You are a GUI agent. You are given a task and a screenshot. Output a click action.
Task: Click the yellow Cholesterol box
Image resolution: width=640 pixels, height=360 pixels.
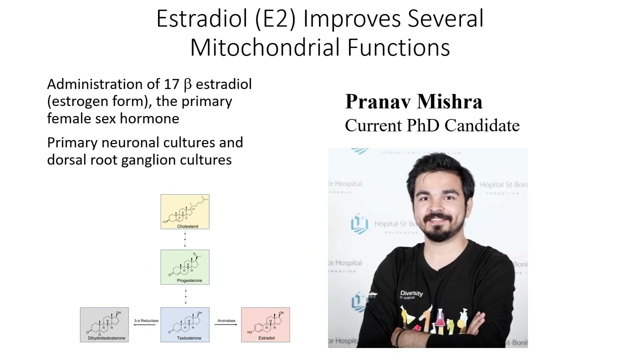click(184, 211)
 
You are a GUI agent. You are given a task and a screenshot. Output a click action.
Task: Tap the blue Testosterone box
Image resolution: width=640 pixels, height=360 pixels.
click(184, 324)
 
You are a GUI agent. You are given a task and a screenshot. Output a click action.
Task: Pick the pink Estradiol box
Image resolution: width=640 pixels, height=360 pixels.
click(265, 324)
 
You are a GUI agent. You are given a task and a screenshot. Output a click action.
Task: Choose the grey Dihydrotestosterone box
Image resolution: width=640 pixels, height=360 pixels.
click(104, 324)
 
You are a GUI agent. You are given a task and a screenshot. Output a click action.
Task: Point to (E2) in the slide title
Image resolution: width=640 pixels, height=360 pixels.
click(276, 19)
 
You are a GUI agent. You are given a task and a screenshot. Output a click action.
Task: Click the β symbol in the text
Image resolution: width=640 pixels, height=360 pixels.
click(188, 84)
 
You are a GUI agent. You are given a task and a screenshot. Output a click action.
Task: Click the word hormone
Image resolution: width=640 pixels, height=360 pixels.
click(157, 118)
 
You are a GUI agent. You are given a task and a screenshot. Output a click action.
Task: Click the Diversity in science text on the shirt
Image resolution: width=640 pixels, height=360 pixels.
click(411, 294)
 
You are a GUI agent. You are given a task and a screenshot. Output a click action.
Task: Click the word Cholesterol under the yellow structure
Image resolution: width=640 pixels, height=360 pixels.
click(187, 226)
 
